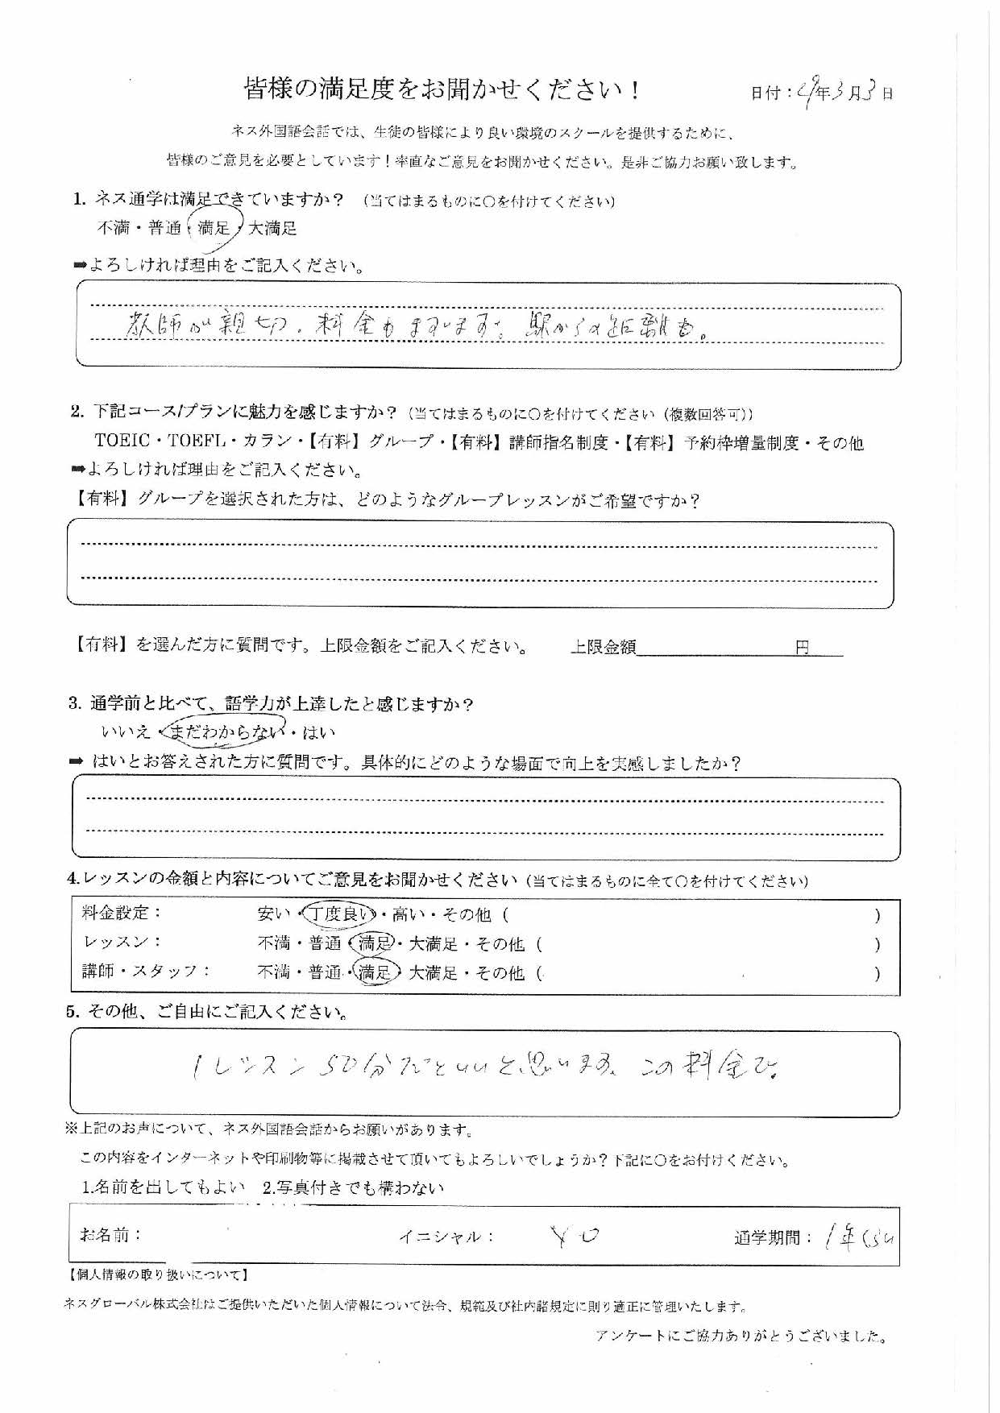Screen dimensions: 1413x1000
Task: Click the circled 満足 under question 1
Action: click(214, 228)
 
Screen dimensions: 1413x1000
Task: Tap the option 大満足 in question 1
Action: click(272, 228)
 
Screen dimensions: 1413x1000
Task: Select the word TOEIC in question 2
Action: click(122, 441)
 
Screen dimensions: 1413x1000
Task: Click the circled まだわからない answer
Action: click(228, 731)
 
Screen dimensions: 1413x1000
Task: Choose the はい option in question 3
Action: click(319, 732)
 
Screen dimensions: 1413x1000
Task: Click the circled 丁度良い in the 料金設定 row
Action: click(342, 914)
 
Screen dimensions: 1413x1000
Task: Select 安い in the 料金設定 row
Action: click(273, 914)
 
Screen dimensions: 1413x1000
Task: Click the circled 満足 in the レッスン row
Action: click(376, 943)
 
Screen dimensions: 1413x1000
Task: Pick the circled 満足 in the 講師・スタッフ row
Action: click(376, 973)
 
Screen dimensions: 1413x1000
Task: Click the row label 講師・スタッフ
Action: click(145, 972)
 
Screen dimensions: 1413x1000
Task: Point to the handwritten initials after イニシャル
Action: click(575, 1235)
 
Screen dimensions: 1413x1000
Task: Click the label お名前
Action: click(110, 1234)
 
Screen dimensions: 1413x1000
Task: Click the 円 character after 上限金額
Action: click(802, 647)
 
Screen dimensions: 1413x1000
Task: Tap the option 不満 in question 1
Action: click(114, 228)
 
